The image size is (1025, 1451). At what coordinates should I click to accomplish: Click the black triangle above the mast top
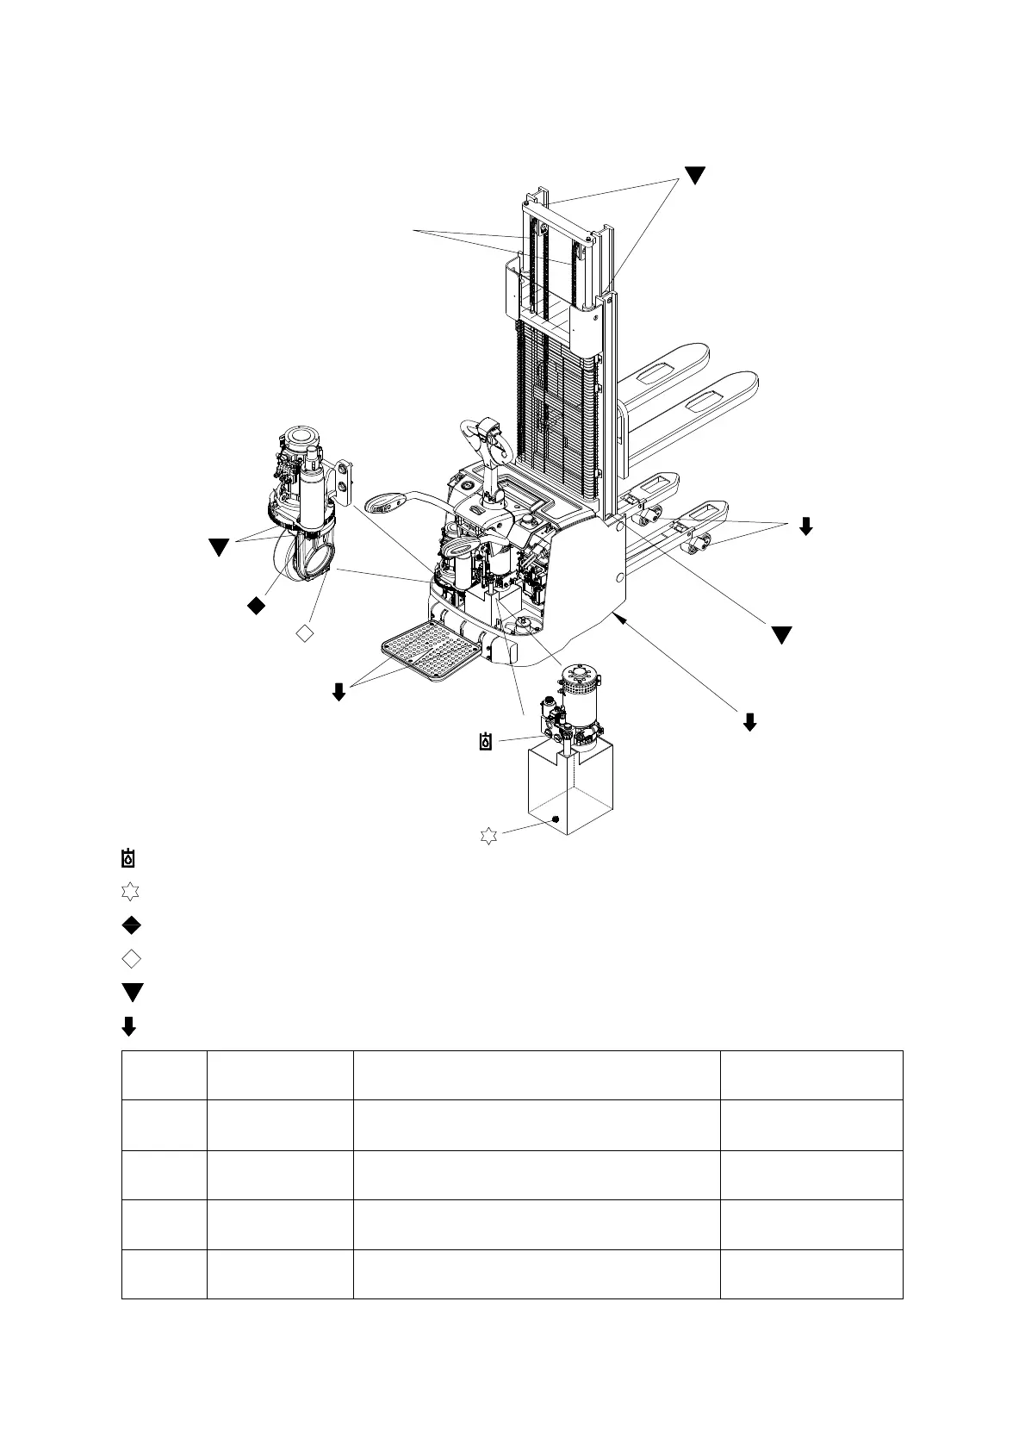coord(694,174)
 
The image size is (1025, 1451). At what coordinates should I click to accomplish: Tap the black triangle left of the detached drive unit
coord(219,547)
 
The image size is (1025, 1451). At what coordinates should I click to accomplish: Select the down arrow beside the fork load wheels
coord(805,526)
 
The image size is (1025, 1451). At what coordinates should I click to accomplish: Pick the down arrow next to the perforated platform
coord(339,691)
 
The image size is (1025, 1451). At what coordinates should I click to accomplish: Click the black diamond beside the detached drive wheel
coord(256,607)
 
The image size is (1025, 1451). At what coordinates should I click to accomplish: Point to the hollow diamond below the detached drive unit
coord(304,633)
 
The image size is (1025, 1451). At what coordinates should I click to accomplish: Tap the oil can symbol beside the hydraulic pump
coord(487,741)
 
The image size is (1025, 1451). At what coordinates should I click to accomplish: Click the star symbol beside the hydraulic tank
coord(488,835)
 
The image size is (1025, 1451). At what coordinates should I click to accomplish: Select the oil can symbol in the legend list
coord(128,858)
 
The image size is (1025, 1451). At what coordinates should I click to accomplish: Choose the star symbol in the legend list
coord(130,892)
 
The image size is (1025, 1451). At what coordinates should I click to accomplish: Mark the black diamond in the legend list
coord(131,925)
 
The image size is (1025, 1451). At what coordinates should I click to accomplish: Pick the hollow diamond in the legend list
coord(131,958)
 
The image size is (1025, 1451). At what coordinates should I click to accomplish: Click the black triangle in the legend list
coord(132,992)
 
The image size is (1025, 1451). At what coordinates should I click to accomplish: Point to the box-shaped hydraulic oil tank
coord(570,788)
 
